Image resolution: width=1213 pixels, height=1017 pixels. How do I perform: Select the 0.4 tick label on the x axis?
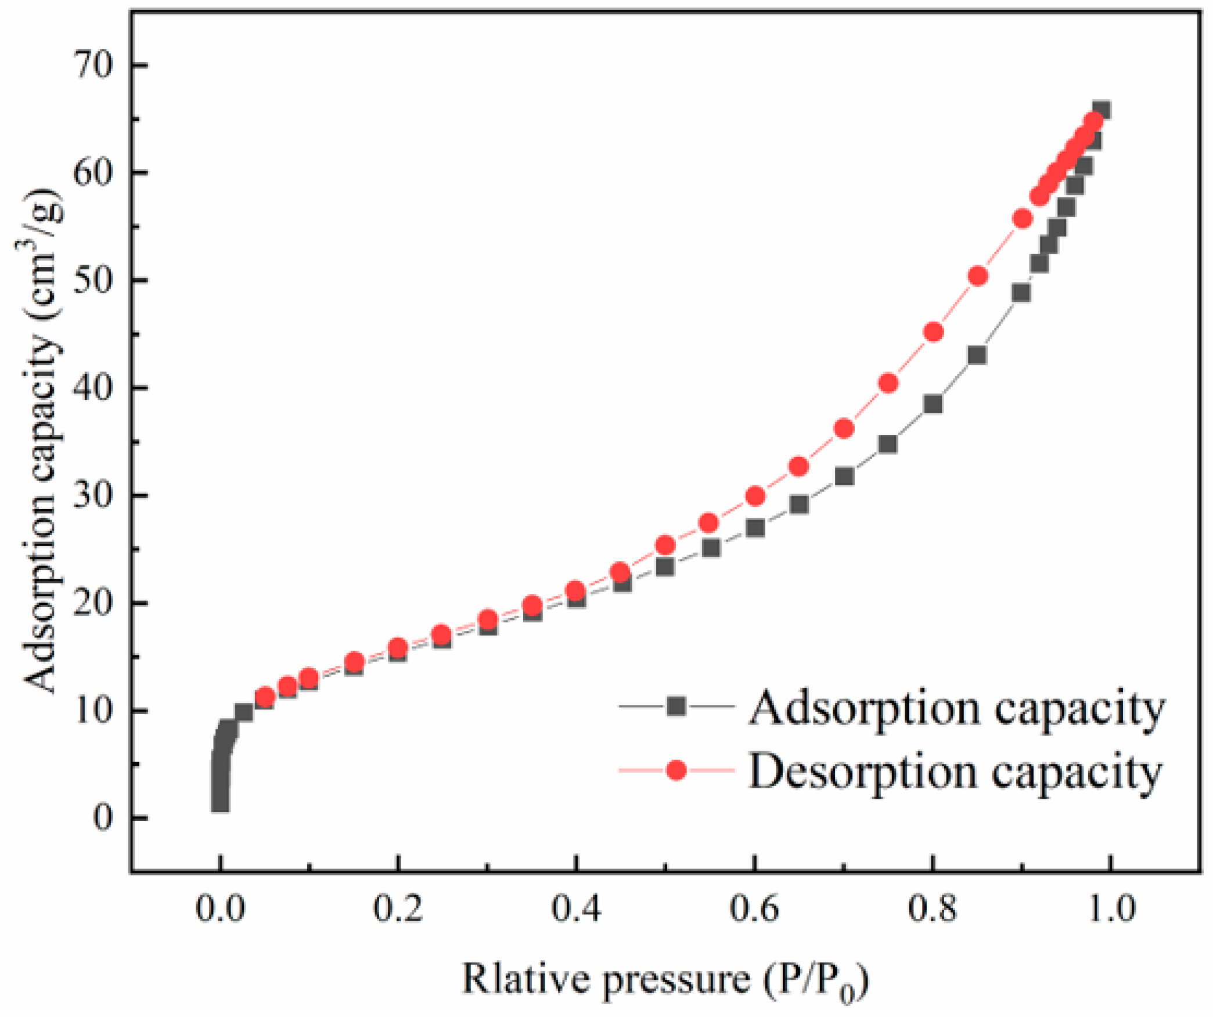(x=575, y=908)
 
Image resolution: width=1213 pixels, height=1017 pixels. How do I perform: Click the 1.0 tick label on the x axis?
(x=1110, y=908)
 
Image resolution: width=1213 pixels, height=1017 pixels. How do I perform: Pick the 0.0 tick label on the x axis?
(x=219, y=908)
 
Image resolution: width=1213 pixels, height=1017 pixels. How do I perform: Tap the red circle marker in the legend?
(x=676, y=770)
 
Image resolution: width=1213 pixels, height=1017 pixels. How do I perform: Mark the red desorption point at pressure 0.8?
(x=933, y=332)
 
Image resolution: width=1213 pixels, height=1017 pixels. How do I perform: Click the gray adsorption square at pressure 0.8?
(x=933, y=404)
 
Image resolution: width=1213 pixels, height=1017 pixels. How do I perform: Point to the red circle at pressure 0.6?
(x=755, y=496)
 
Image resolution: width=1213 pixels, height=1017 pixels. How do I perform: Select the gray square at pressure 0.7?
(x=844, y=477)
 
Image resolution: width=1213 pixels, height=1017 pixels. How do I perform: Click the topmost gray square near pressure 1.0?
(x=1101, y=110)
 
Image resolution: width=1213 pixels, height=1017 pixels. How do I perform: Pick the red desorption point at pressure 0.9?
(x=1022, y=219)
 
